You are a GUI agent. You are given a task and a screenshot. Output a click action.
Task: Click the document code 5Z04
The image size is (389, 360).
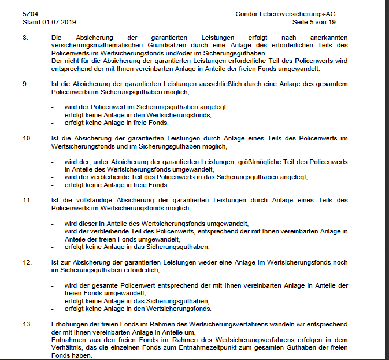click(30, 13)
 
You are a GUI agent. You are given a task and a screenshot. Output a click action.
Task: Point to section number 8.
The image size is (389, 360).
click(25, 38)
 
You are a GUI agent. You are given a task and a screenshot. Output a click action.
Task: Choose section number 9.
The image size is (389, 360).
click(25, 84)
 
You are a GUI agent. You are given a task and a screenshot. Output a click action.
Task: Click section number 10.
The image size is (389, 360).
click(27, 138)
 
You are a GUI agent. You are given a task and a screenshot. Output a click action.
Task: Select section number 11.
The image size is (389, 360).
click(27, 200)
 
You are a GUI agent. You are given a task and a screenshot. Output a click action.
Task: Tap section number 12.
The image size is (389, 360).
click(27, 262)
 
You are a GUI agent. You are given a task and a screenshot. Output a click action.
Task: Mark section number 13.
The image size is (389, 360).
click(27, 324)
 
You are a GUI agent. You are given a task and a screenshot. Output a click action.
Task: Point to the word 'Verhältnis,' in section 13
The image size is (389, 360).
click(67, 348)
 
